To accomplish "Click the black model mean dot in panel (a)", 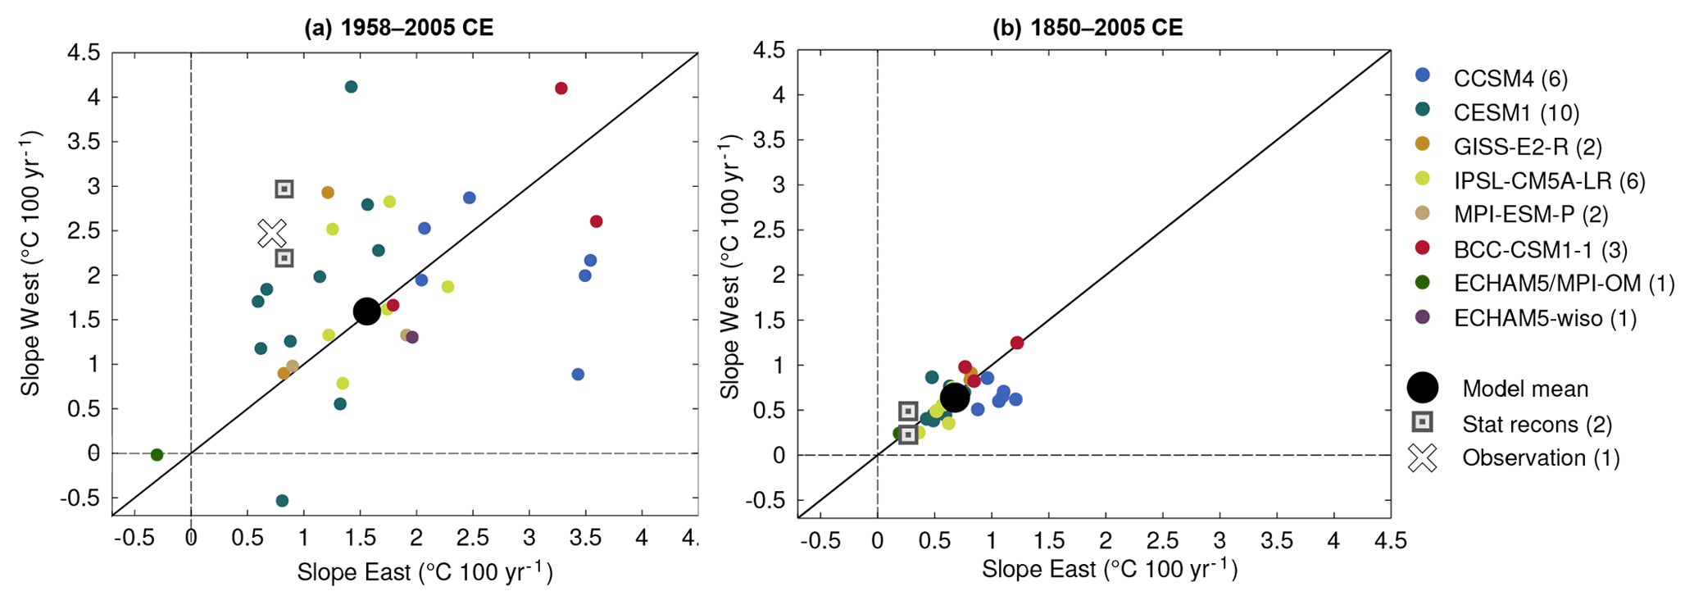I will pyautogui.click(x=366, y=311).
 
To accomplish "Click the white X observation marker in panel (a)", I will pyautogui.click(x=272, y=233).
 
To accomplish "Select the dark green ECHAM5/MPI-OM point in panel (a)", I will pyautogui.click(x=157, y=455).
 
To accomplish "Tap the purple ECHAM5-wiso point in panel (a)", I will pyautogui.click(x=412, y=337).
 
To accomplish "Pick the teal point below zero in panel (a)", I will pyautogui.click(x=282, y=501).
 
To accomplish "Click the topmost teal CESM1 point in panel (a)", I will pyautogui.click(x=351, y=87).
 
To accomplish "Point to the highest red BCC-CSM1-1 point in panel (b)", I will pyautogui.click(x=1017, y=343).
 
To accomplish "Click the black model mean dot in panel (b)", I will pyautogui.click(x=954, y=398).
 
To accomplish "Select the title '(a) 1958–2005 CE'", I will pyautogui.click(x=398, y=29).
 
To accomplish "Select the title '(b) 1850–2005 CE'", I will pyautogui.click(x=1088, y=29).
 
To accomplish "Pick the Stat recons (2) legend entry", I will pyautogui.click(x=1537, y=424).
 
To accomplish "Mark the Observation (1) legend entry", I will pyautogui.click(x=1541, y=457).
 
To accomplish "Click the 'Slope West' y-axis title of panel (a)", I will pyautogui.click(x=31, y=262).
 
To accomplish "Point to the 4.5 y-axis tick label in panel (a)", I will pyautogui.click(x=83, y=53).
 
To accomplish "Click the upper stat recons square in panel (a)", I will pyautogui.click(x=284, y=189).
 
